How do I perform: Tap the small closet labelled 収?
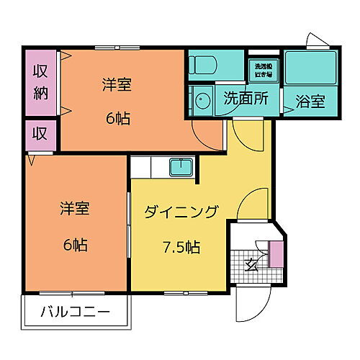click(x=40, y=134)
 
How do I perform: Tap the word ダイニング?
click(x=181, y=212)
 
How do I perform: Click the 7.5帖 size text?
click(x=181, y=248)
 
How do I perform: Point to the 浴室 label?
click(x=310, y=102)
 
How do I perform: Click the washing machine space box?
click(x=261, y=69)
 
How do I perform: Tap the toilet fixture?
click(x=203, y=66)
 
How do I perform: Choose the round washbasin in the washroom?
click(x=202, y=100)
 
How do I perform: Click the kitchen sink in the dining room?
click(x=179, y=168)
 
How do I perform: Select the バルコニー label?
click(x=75, y=313)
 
